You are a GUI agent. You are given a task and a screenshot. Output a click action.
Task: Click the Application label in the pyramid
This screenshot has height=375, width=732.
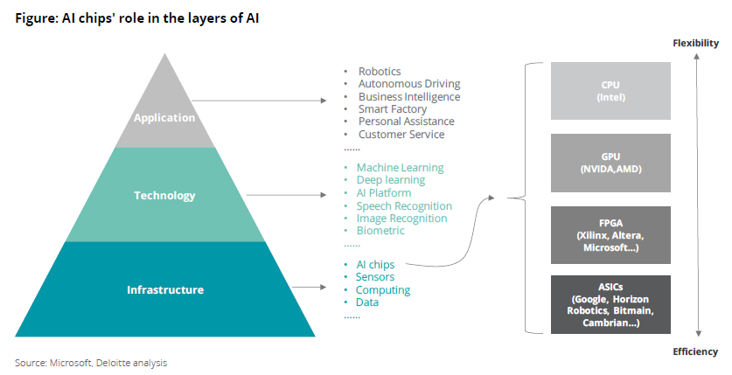[x=164, y=118]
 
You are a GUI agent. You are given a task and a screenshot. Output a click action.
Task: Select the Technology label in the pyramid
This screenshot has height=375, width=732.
[x=164, y=195]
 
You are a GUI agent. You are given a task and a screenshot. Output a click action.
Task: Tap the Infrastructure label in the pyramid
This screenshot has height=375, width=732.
[x=164, y=289]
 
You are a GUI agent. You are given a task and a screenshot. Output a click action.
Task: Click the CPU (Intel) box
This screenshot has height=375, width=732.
[x=610, y=91]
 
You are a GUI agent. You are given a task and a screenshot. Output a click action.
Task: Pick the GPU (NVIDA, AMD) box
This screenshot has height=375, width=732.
[x=610, y=163]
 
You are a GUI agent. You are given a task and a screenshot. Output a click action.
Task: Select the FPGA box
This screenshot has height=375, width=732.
[x=610, y=235]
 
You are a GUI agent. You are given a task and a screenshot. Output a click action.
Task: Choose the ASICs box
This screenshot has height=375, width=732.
[x=610, y=304]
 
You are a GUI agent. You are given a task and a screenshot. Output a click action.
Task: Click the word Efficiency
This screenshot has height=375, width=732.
[x=695, y=351]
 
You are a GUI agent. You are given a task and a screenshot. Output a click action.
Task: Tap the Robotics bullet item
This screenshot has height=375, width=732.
[x=380, y=71]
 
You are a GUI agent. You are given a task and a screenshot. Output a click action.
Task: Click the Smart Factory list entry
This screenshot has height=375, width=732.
[x=393, y=109]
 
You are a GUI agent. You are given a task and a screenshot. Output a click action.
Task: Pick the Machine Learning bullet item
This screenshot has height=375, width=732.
[x=400, y=167]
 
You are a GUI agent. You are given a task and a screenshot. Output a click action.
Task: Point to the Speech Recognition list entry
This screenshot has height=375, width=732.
[x=404, y=205]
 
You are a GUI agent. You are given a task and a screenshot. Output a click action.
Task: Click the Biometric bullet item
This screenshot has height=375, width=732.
[x=380, y=231]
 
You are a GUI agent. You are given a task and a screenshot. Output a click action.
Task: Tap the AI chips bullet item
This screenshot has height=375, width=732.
[x=374, y=264]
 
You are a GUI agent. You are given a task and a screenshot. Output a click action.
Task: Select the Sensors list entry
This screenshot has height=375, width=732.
[x=375, y=277]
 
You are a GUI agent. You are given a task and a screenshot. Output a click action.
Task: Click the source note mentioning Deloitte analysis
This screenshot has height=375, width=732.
[x=90, y=362]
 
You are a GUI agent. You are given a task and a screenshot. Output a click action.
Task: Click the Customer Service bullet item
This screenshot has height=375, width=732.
[x=401, y=135]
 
